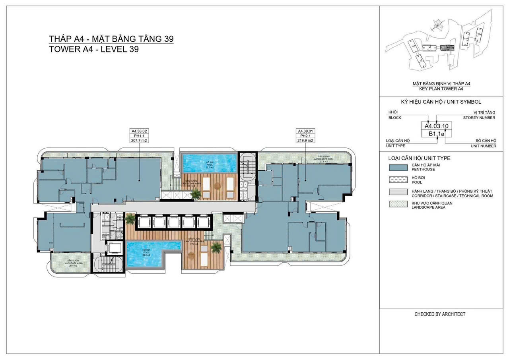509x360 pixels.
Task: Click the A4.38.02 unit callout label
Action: point(139,131)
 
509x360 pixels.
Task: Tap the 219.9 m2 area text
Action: point(305,140)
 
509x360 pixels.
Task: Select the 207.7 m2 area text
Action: point(139,140)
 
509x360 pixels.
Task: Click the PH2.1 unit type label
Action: point(305,135)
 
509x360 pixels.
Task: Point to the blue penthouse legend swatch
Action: point(398,167)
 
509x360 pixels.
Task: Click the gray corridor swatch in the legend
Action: point(398,192)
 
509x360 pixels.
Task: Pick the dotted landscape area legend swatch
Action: point(398,205)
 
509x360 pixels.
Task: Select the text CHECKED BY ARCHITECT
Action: point(440,314)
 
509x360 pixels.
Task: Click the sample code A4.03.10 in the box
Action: point(437,126)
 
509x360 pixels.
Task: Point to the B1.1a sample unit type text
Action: point(437,134)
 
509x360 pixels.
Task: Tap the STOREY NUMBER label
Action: point(479,118)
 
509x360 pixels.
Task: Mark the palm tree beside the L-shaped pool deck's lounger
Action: point(216,248)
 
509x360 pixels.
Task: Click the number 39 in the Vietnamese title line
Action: point(168,39)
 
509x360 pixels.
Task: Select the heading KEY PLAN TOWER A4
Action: point(441,89)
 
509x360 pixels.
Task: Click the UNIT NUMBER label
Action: point(484,146)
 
